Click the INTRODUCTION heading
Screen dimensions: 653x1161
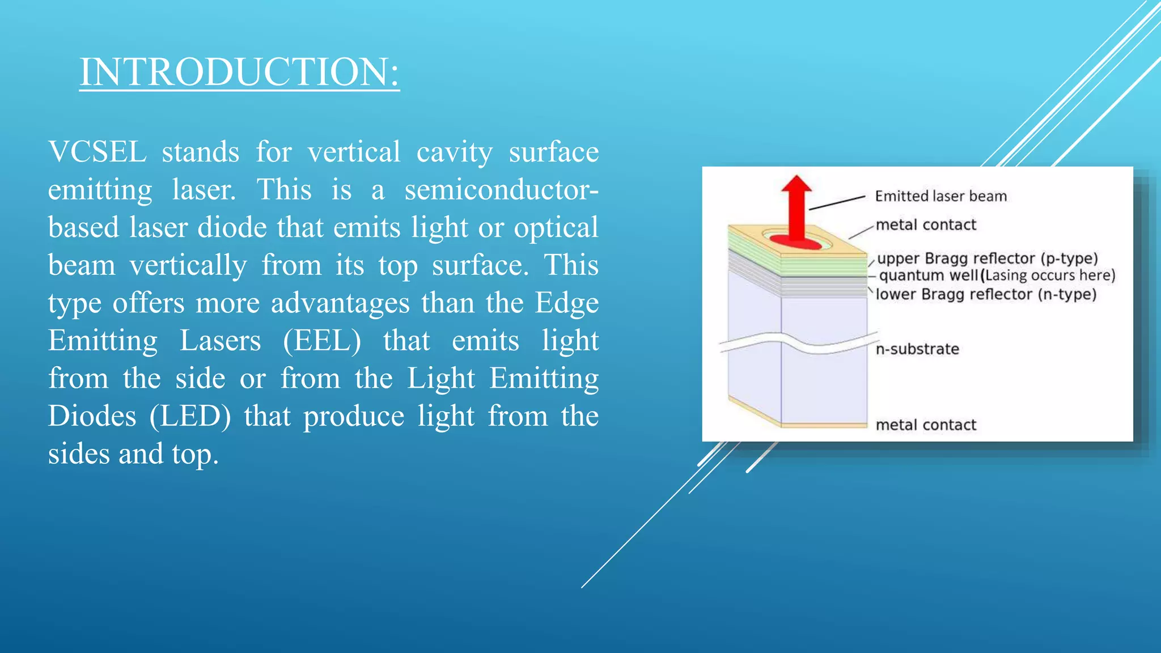coord(239,72)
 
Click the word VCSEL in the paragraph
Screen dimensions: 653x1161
coord(98,152)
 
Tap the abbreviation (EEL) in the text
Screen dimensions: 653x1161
coord(321,341)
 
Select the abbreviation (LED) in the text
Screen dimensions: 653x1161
coord(190,416)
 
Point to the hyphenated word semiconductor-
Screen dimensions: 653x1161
coord(501,190)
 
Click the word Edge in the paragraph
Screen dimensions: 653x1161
coord(566,303)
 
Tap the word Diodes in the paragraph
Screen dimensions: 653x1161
coord(92,416)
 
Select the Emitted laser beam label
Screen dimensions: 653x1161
coord(940,196)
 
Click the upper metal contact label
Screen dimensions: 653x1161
coord(926,225)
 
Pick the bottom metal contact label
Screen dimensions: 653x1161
coord(926,425)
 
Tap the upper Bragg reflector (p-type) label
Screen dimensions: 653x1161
coord(987,258)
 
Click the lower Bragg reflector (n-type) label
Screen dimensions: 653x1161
coord(986,294)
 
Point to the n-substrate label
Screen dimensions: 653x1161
coord(917,349)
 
